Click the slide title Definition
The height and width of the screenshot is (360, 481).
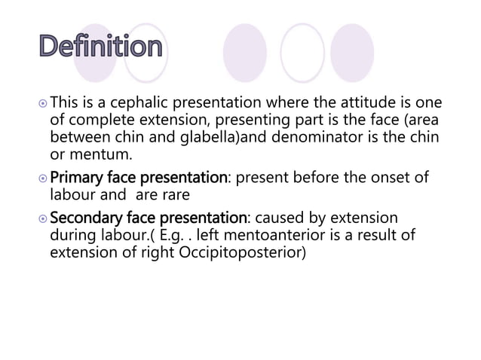tap(100, 48)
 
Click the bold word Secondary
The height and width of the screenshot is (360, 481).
tap(89, 218)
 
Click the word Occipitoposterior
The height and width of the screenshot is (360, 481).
tap(243, 253)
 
